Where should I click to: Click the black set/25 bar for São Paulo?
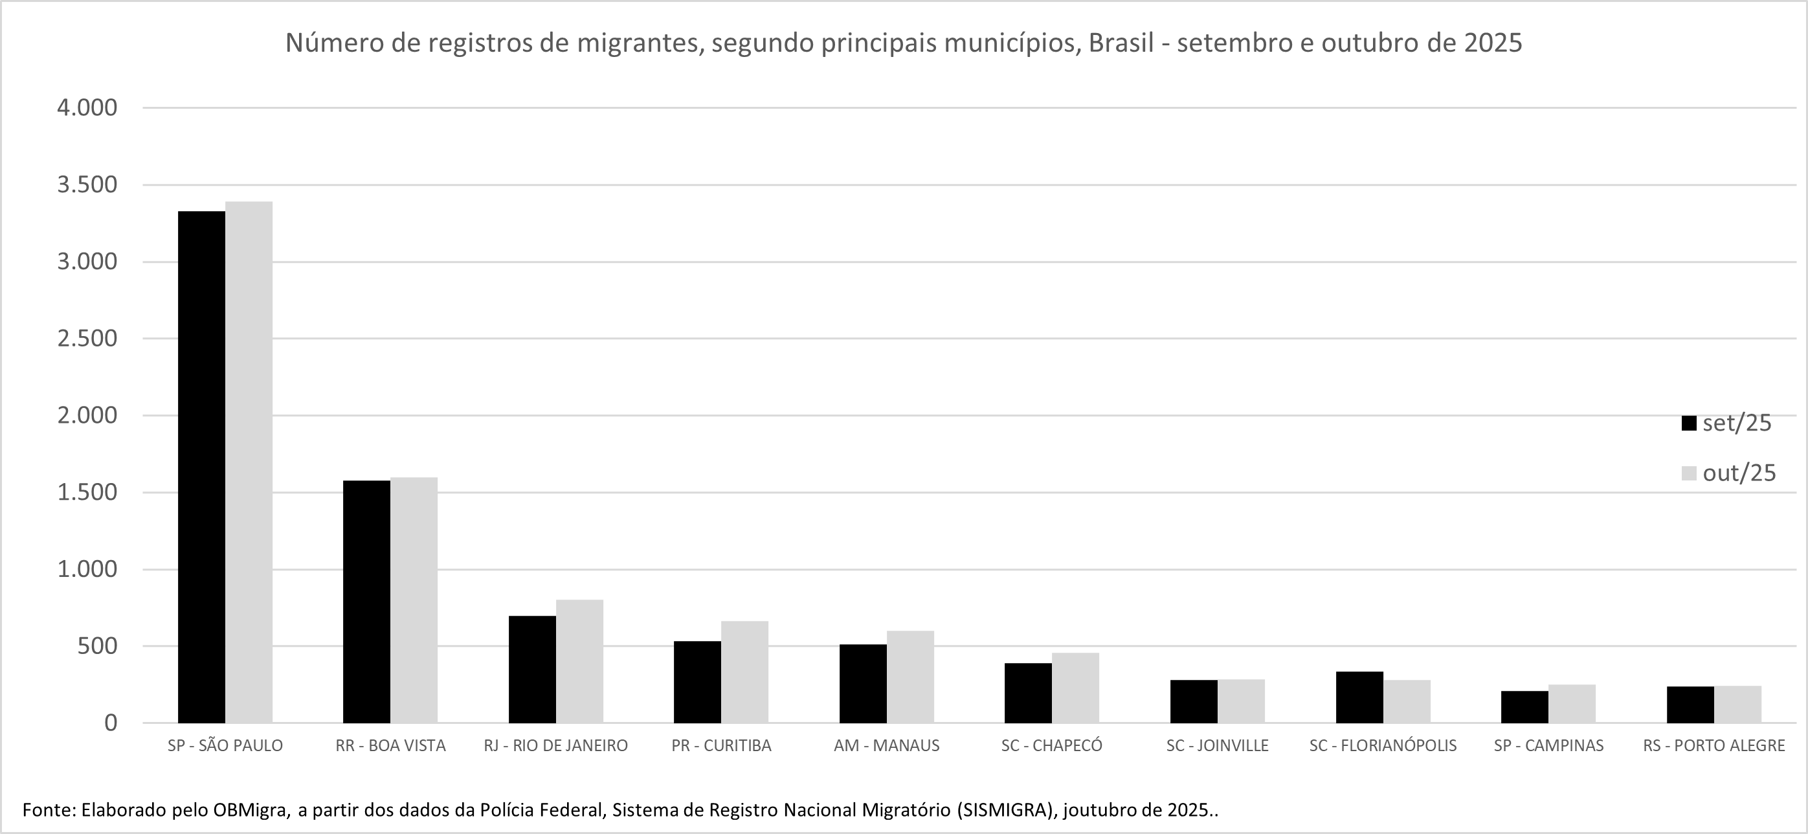201,467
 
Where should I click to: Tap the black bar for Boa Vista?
366,602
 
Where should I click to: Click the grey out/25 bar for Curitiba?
744,672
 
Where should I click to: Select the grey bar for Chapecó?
1075,688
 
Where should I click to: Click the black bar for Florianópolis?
1359,697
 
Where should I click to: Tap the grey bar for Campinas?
1572,703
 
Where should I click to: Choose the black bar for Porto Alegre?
1690,705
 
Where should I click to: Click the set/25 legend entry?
1727,423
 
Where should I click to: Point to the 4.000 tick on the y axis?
87,108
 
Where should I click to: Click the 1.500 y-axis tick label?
87,493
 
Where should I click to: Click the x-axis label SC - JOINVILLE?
1217,745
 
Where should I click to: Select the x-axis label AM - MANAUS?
886,745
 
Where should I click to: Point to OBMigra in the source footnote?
251,810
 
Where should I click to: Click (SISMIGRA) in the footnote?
1006,810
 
